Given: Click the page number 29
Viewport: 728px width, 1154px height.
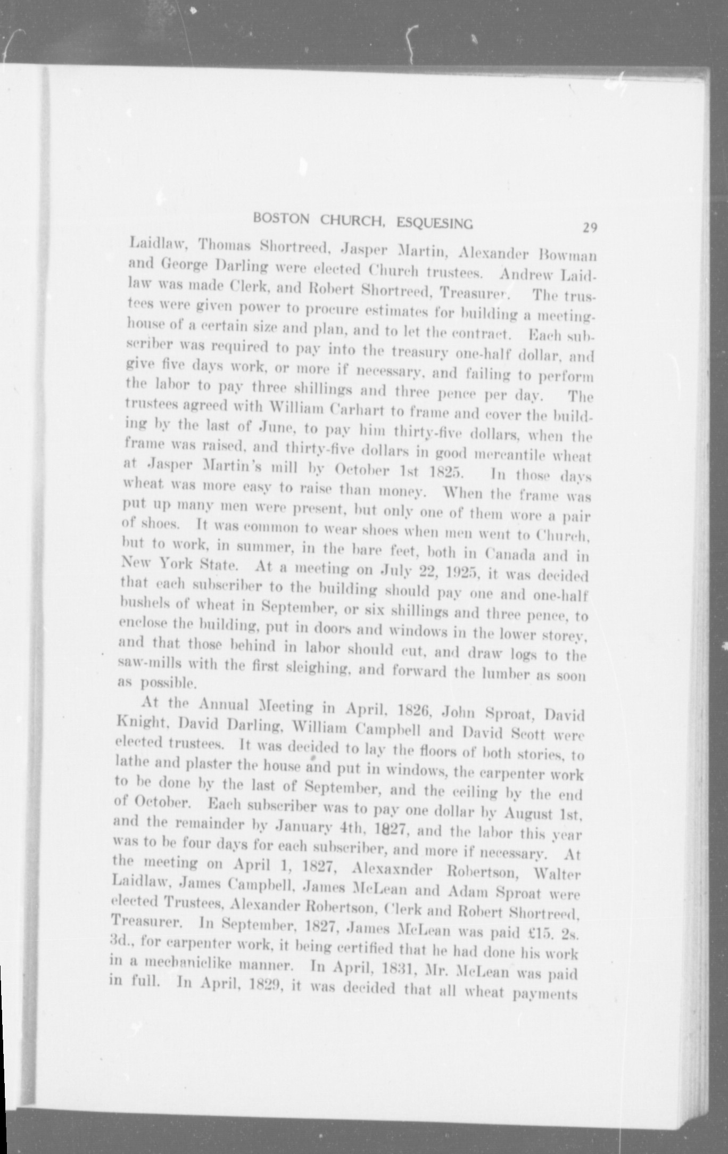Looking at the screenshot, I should tap(590, 228).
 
